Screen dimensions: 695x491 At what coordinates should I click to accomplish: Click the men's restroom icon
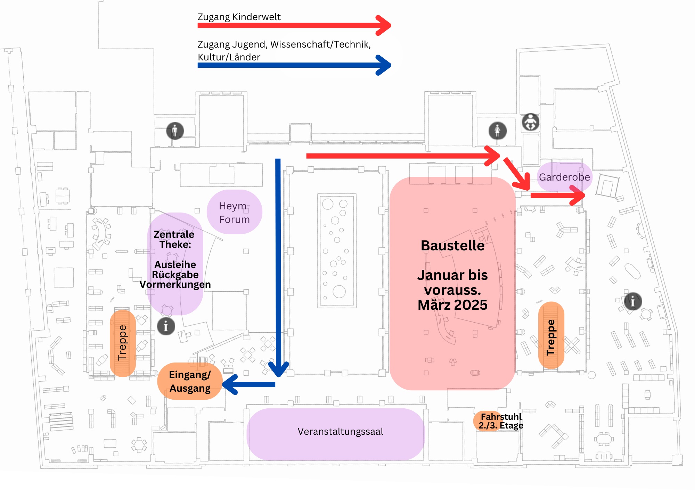click(x=175, y=131)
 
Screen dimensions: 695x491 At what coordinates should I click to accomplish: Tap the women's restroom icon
click(x=498, y=131)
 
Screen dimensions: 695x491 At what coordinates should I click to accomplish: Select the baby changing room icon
click(x=531, y=122)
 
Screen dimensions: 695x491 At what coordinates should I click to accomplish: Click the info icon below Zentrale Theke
click(x=166, y=326)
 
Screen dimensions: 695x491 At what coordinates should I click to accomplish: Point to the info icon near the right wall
click(x=633, y=301)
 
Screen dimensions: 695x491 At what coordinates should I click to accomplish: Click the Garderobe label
click(x=564, y=177)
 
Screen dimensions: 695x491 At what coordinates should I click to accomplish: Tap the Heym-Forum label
click(x=235, y=213)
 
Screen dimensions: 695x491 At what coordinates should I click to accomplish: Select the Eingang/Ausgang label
click(x=190, y=381)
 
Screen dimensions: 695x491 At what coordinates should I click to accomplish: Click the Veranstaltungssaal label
click(x=341, y=432)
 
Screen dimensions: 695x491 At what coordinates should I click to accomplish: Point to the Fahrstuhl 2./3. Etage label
click(x=501, y=421)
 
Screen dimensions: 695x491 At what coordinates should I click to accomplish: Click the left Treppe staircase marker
click(x=122, y=343)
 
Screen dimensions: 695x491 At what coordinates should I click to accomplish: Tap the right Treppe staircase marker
click(x=551, y=335)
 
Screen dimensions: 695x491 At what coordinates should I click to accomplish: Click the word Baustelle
click(x=453, y=245)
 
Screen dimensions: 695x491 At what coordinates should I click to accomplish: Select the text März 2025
click(x=453, y=305)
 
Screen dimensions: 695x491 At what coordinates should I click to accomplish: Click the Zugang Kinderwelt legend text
click(x=239, y=17)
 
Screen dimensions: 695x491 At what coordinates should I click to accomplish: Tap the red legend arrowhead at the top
click(x=384, y=25)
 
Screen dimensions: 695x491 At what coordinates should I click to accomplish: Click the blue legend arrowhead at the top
click(x=384, y=65)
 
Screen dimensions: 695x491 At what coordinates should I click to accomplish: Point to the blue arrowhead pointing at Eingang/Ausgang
click(x=230, y=384)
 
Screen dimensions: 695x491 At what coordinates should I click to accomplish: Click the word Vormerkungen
click(x=175, y=284)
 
